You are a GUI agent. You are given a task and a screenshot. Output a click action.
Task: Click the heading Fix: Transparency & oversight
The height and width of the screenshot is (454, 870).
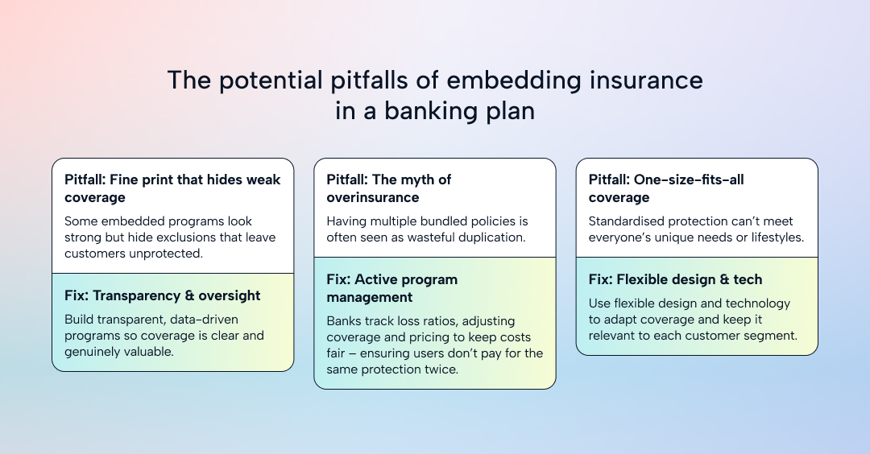[x=163, y=295]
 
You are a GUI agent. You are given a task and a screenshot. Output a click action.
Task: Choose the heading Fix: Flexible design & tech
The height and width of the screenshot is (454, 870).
[x=675, y=279]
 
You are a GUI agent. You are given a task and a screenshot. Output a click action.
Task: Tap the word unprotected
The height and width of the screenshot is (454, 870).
[x=164, y=254]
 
